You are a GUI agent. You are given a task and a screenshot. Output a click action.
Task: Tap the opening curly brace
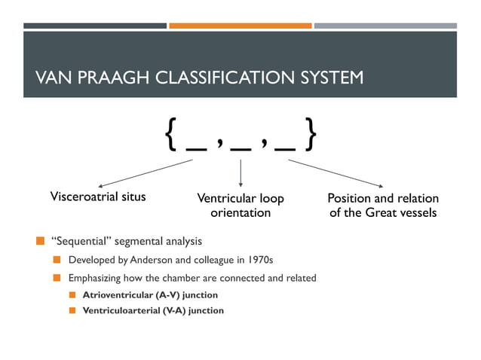click(170, 136)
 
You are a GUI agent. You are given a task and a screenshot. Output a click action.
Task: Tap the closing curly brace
click(309, 136)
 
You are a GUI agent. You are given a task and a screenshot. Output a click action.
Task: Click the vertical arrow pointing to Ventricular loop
click(240, 172)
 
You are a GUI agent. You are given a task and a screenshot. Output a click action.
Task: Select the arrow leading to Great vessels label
click(335, 172)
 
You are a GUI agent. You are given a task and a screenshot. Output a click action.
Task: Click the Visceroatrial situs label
click(97, 198)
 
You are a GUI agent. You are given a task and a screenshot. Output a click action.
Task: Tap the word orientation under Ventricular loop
click(240, 213)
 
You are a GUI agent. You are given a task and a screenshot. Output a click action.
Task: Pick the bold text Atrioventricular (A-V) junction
click(150, 294)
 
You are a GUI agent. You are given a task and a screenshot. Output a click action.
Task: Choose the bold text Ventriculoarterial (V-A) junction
click(153, 310)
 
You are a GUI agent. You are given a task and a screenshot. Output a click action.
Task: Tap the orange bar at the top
click(240, 26)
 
